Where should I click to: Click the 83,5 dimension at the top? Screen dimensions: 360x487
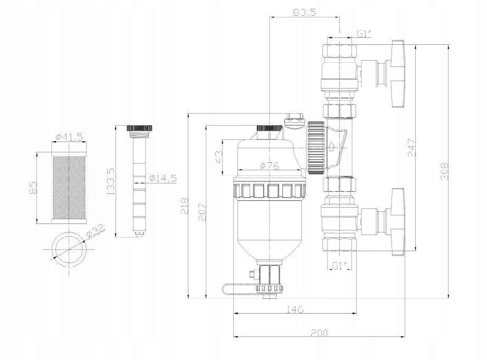click(303, 12)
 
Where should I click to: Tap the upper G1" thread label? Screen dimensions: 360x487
click(365, 34)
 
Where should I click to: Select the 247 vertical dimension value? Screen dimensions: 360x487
click(412, 149)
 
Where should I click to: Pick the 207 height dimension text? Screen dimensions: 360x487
click(202, 211)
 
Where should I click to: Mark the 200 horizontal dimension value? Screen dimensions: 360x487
click(319, 333)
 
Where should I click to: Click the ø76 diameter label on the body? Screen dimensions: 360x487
click(270, 167)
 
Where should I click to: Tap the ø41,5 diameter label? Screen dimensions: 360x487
click(69, 137)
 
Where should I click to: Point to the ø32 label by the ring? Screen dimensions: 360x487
click(96, 230)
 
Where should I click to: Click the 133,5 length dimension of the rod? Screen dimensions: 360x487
click(111, 182)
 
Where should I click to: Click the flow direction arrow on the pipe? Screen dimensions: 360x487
click(331, 147)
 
